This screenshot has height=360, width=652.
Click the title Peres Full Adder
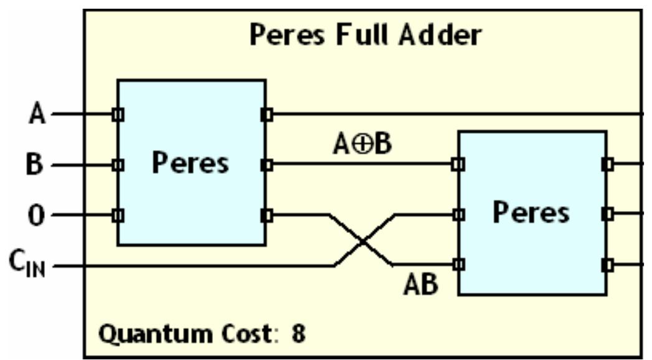(x=365, y=36)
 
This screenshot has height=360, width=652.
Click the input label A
(x=37, y=115)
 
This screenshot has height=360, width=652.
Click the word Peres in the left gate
(x=191, y=163)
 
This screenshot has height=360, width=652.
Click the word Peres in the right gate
(x=531, y=212)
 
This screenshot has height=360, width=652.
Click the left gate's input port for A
(x=118, y=115)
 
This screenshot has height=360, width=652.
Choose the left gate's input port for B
(x=118, y=165)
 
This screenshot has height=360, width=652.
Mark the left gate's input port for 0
(x=118, y=216)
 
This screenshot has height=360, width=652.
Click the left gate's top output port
(x=267, y=115)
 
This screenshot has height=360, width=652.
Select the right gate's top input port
(x=458, y=165)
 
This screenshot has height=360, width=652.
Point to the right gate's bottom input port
(x=458, y=265)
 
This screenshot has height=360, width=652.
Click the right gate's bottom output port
(x=607, y=265)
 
